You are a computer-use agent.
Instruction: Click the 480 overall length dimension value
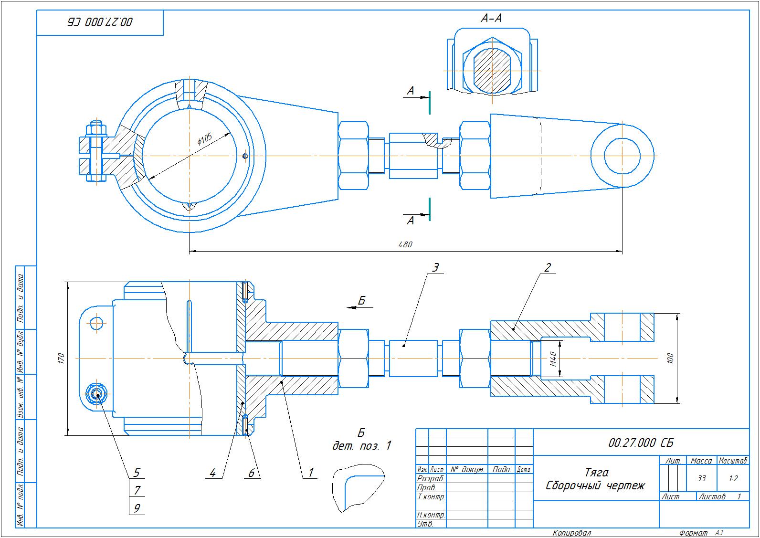tap(405, 244)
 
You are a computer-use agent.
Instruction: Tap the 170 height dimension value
tap(61, 358)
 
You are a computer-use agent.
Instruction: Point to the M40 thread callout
tap(553, 358)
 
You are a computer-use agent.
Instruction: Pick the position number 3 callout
tap(435, 267)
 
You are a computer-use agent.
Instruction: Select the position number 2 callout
tap(548, 267)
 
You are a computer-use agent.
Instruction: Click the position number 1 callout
tap(310, 473)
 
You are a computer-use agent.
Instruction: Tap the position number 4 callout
tap(212, 473)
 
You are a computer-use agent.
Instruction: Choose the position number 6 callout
tap(251, 473)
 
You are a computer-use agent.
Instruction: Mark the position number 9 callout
tap(137, 508)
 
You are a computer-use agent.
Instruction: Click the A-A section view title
tap(491, 19)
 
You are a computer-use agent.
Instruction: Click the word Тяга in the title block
tap(596, 473)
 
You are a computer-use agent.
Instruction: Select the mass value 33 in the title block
tap(701, 478)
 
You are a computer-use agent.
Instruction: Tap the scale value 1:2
tap(733, 478)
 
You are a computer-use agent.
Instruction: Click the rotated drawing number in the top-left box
tap(100, 22)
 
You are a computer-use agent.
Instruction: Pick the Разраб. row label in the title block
tap(431, 478)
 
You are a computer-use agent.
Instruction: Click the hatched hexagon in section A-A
tap(492, 70)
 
